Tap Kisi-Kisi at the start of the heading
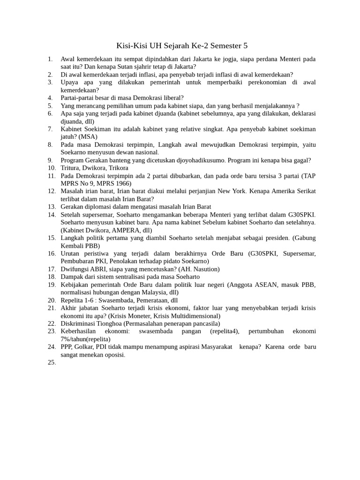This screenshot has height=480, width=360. (x=132, y=46)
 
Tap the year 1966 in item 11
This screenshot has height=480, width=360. (x=122, y=183)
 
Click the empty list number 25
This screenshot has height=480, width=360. (x=52, y=362)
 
